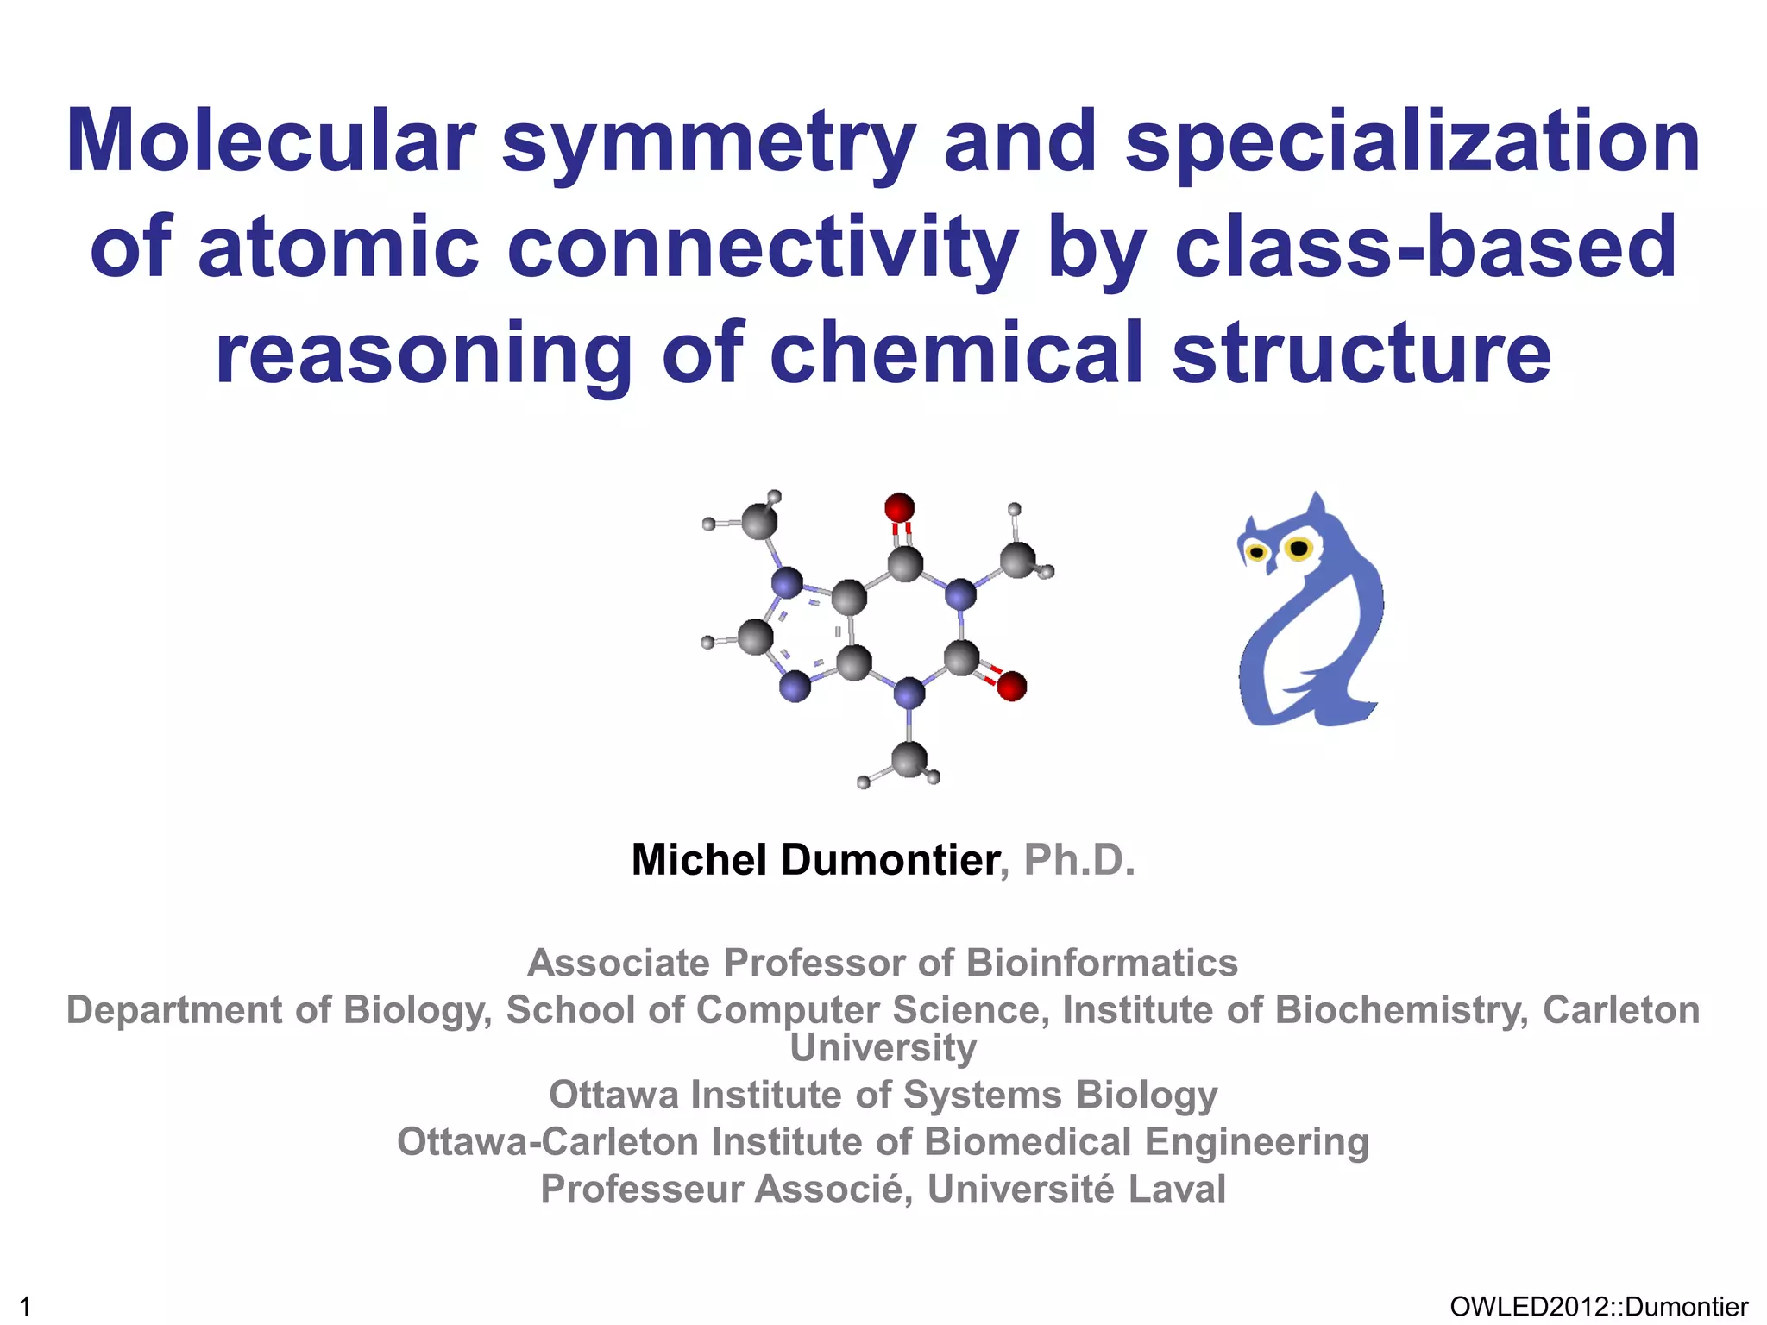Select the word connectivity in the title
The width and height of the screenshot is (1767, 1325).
[763, 248]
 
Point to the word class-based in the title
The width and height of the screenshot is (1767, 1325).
[1425, 248]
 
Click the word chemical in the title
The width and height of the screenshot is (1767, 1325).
[956, 354]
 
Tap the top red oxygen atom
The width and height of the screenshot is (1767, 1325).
[899, 507]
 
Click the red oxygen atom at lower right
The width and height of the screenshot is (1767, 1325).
[1011, 687]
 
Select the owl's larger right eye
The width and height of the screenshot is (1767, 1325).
[1298, 548]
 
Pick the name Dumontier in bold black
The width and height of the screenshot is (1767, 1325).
[890, 860]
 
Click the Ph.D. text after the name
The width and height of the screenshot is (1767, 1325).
[1079, 860]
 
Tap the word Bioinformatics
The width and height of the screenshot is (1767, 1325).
[1103, 963]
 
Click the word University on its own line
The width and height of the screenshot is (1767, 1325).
[883, 1048]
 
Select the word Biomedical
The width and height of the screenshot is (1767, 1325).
[1028, 1142]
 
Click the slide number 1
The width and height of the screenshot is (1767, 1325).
[25, 1307]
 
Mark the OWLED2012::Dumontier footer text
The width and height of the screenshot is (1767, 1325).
[1599, 1307]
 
